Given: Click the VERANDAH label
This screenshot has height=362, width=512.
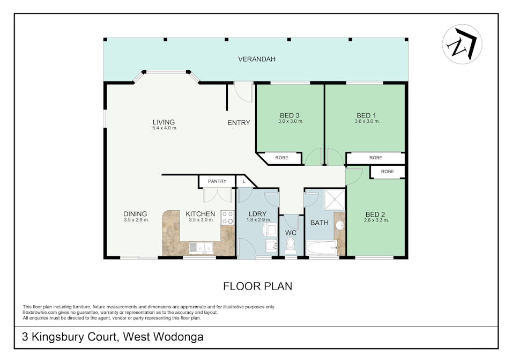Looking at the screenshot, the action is [x=257, y=59].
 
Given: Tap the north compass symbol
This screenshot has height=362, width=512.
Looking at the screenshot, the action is [x=462, y=44].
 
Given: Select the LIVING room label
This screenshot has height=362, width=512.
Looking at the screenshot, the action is [x=164, y=122].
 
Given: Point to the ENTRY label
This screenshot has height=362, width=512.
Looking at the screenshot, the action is [x=239, y=122].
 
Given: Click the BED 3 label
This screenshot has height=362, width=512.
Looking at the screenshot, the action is [x=290, y=115].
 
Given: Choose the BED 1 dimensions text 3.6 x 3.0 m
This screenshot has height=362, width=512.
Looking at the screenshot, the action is [x=367, y=121].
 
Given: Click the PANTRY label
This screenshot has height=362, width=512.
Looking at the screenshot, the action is [x=217, y=181].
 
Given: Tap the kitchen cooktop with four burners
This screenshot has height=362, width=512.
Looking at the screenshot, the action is [x=228, y=218].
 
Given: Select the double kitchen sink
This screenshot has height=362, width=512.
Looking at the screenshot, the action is [x=201, y=247].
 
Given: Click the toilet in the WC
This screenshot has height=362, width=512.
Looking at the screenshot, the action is [x=290, y=246].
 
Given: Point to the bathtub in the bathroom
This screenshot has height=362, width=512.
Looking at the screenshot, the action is [x=321, y=248].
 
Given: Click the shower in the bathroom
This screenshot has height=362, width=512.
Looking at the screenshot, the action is [x=335, y=200].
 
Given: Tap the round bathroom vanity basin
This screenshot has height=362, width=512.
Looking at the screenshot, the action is [x=340, y=225].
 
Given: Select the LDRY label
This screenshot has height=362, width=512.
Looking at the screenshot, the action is [x=257, y=215].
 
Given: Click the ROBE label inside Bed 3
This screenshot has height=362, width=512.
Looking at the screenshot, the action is [x=281, y=158].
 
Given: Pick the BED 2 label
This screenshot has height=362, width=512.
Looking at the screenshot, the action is [x=375, y=215].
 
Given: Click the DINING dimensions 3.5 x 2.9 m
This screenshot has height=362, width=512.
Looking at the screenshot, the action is [x=136, y=220].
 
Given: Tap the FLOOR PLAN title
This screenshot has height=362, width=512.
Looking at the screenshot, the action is [x=258, y=286].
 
